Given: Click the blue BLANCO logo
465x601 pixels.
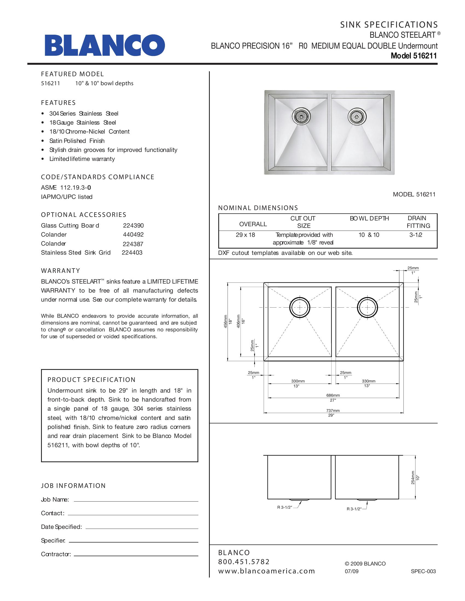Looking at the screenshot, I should (105, 45).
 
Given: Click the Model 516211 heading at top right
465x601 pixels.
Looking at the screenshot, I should (414, 56).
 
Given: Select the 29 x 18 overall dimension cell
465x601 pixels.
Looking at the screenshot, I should (245, 235).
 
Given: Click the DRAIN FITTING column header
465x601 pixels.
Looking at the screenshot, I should (418, 222).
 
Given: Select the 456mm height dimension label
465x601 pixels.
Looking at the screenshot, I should (225, 322).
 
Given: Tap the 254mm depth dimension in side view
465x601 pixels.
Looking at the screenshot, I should (413, 478).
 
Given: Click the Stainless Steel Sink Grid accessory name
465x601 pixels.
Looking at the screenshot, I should (76, 253).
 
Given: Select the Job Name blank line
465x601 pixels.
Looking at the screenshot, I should (136, 501).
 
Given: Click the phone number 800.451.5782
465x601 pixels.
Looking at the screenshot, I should (244, 562).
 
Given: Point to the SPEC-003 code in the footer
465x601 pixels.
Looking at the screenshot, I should (423, 571).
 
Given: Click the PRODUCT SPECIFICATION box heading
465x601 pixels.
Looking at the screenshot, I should (91, 380).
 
